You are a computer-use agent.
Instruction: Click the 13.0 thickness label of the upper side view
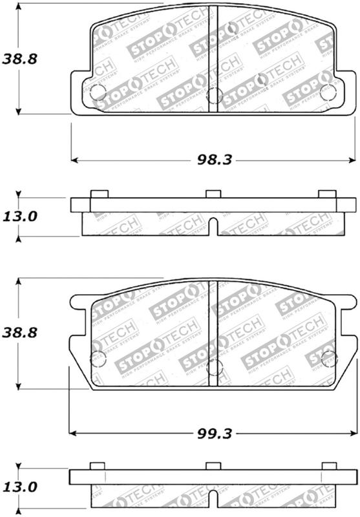click(19, 216)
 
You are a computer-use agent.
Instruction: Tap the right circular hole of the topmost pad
click(328, 92)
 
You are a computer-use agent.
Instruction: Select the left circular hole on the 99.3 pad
click(98, 359)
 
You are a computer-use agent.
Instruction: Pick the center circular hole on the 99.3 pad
click(213, 369)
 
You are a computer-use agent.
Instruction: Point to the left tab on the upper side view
click(99, 194)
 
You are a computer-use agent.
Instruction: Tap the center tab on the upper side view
click(213, 194)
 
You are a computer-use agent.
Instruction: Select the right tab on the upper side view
click(327, 194)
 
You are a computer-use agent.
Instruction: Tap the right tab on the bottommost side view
click(329, 467)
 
